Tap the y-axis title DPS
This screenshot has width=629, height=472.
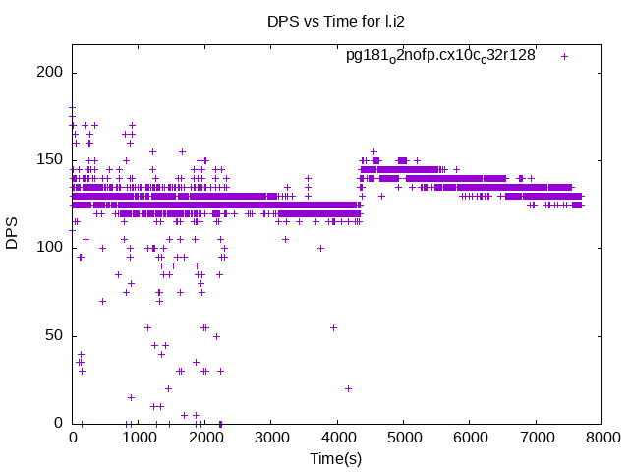pyautogui.click(x=13, y=234)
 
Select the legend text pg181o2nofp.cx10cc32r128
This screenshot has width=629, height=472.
pyautogui.click(x=440, y=55)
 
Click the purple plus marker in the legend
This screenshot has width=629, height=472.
pyautogui.click(x=564, y=56)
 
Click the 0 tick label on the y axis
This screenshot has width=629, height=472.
pyautogui.click(x=59, y=423)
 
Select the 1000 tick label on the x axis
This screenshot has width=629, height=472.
pyautogui.click(x=139, y=438)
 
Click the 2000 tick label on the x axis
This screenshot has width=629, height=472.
pyautogui.click(x=205, y=438)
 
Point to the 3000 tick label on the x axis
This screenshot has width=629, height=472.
pyautogui.click(x=271, y=438)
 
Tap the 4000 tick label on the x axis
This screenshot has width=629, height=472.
pyautogui.click(x=338, y=438)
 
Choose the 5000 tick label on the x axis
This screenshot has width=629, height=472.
pyautogui.click(x=404, y=438)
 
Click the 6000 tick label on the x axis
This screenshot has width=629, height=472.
pyautogui.click(x=471, y=438)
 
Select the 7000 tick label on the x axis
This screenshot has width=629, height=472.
pyautogui.click(x=537, y=438)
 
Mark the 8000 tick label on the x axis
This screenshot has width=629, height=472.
pyautogui.click(x=603, y=438)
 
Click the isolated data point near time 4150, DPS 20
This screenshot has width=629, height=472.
pyautogui.click(x=348, y=388)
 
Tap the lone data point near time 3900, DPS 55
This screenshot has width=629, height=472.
pyautogui.click(x=333, y=327)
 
